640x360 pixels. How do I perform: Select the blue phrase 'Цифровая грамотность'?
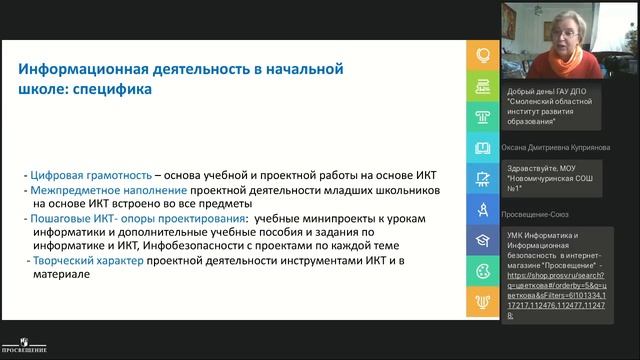click(83, 175)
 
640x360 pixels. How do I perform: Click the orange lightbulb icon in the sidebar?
click(483, 56)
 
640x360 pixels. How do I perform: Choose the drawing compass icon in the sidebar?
click(483, 209)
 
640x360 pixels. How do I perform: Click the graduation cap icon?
click(483, 240)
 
